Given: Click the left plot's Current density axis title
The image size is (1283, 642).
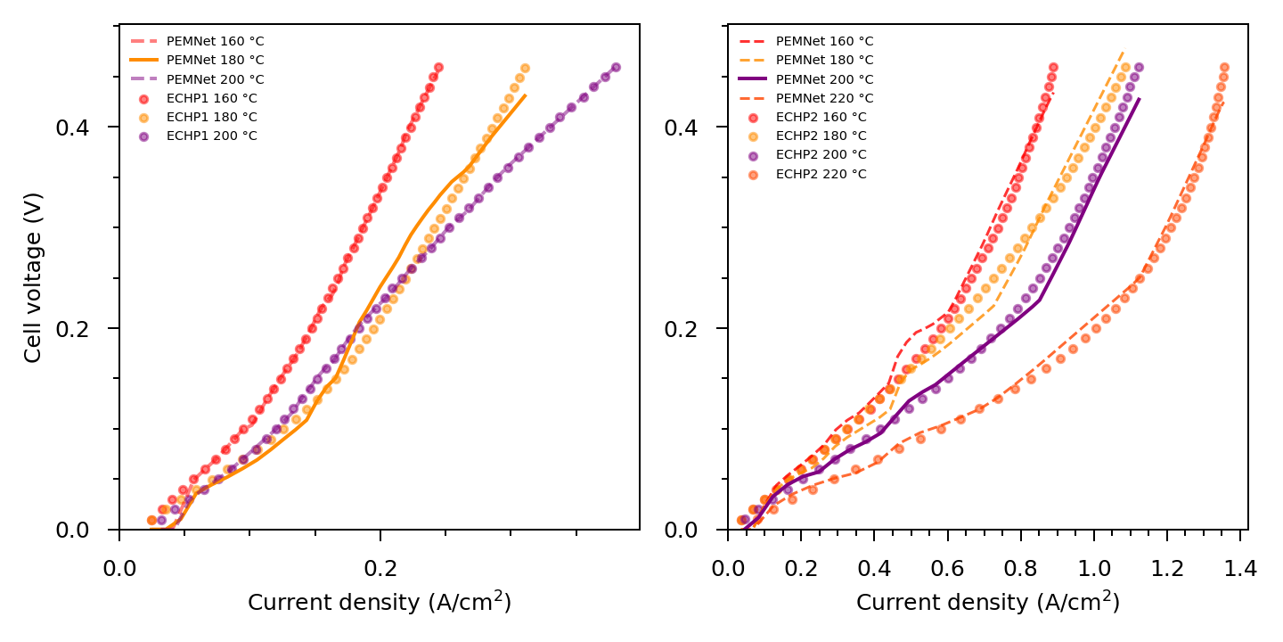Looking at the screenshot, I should (x=379, y=603).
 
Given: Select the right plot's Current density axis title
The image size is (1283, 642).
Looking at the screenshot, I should (x=987, y=603).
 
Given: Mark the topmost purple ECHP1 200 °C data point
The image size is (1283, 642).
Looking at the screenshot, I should (x=616, y=68).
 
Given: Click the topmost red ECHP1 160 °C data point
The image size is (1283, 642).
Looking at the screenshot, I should (x=438, y=68).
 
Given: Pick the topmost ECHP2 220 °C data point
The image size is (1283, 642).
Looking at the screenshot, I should (x=1224, y=68).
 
